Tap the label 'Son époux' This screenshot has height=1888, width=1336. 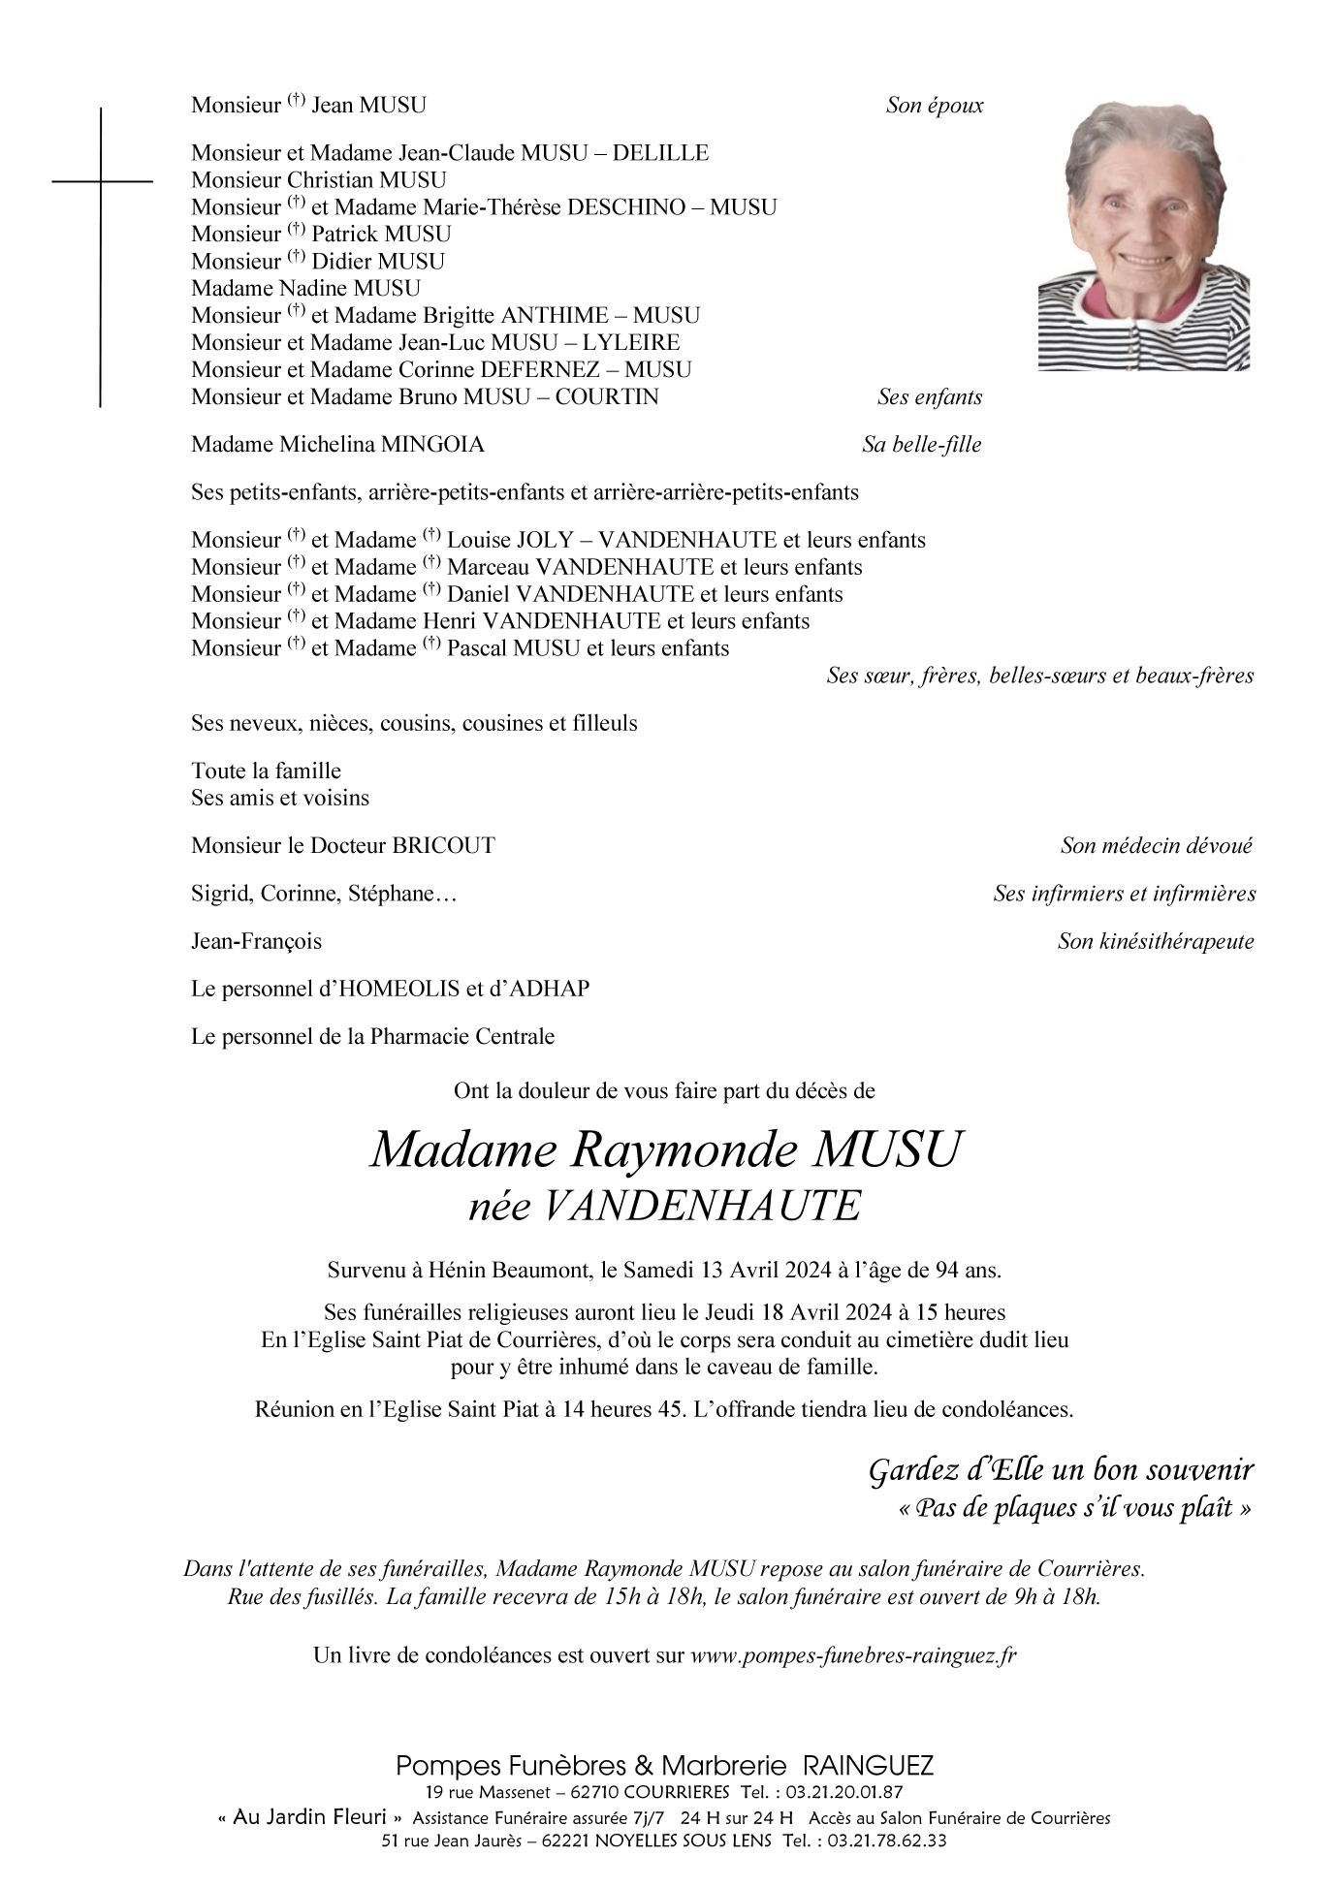935,106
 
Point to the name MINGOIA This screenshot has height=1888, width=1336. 433,445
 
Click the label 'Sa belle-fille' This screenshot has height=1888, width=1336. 921,445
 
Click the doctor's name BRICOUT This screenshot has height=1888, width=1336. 443,846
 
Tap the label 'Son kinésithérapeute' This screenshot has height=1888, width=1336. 1156,941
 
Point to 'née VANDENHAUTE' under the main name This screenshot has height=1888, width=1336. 664,1207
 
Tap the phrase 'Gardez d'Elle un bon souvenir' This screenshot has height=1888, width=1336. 1061,1470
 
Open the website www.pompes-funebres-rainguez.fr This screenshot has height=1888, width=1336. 853,1655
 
